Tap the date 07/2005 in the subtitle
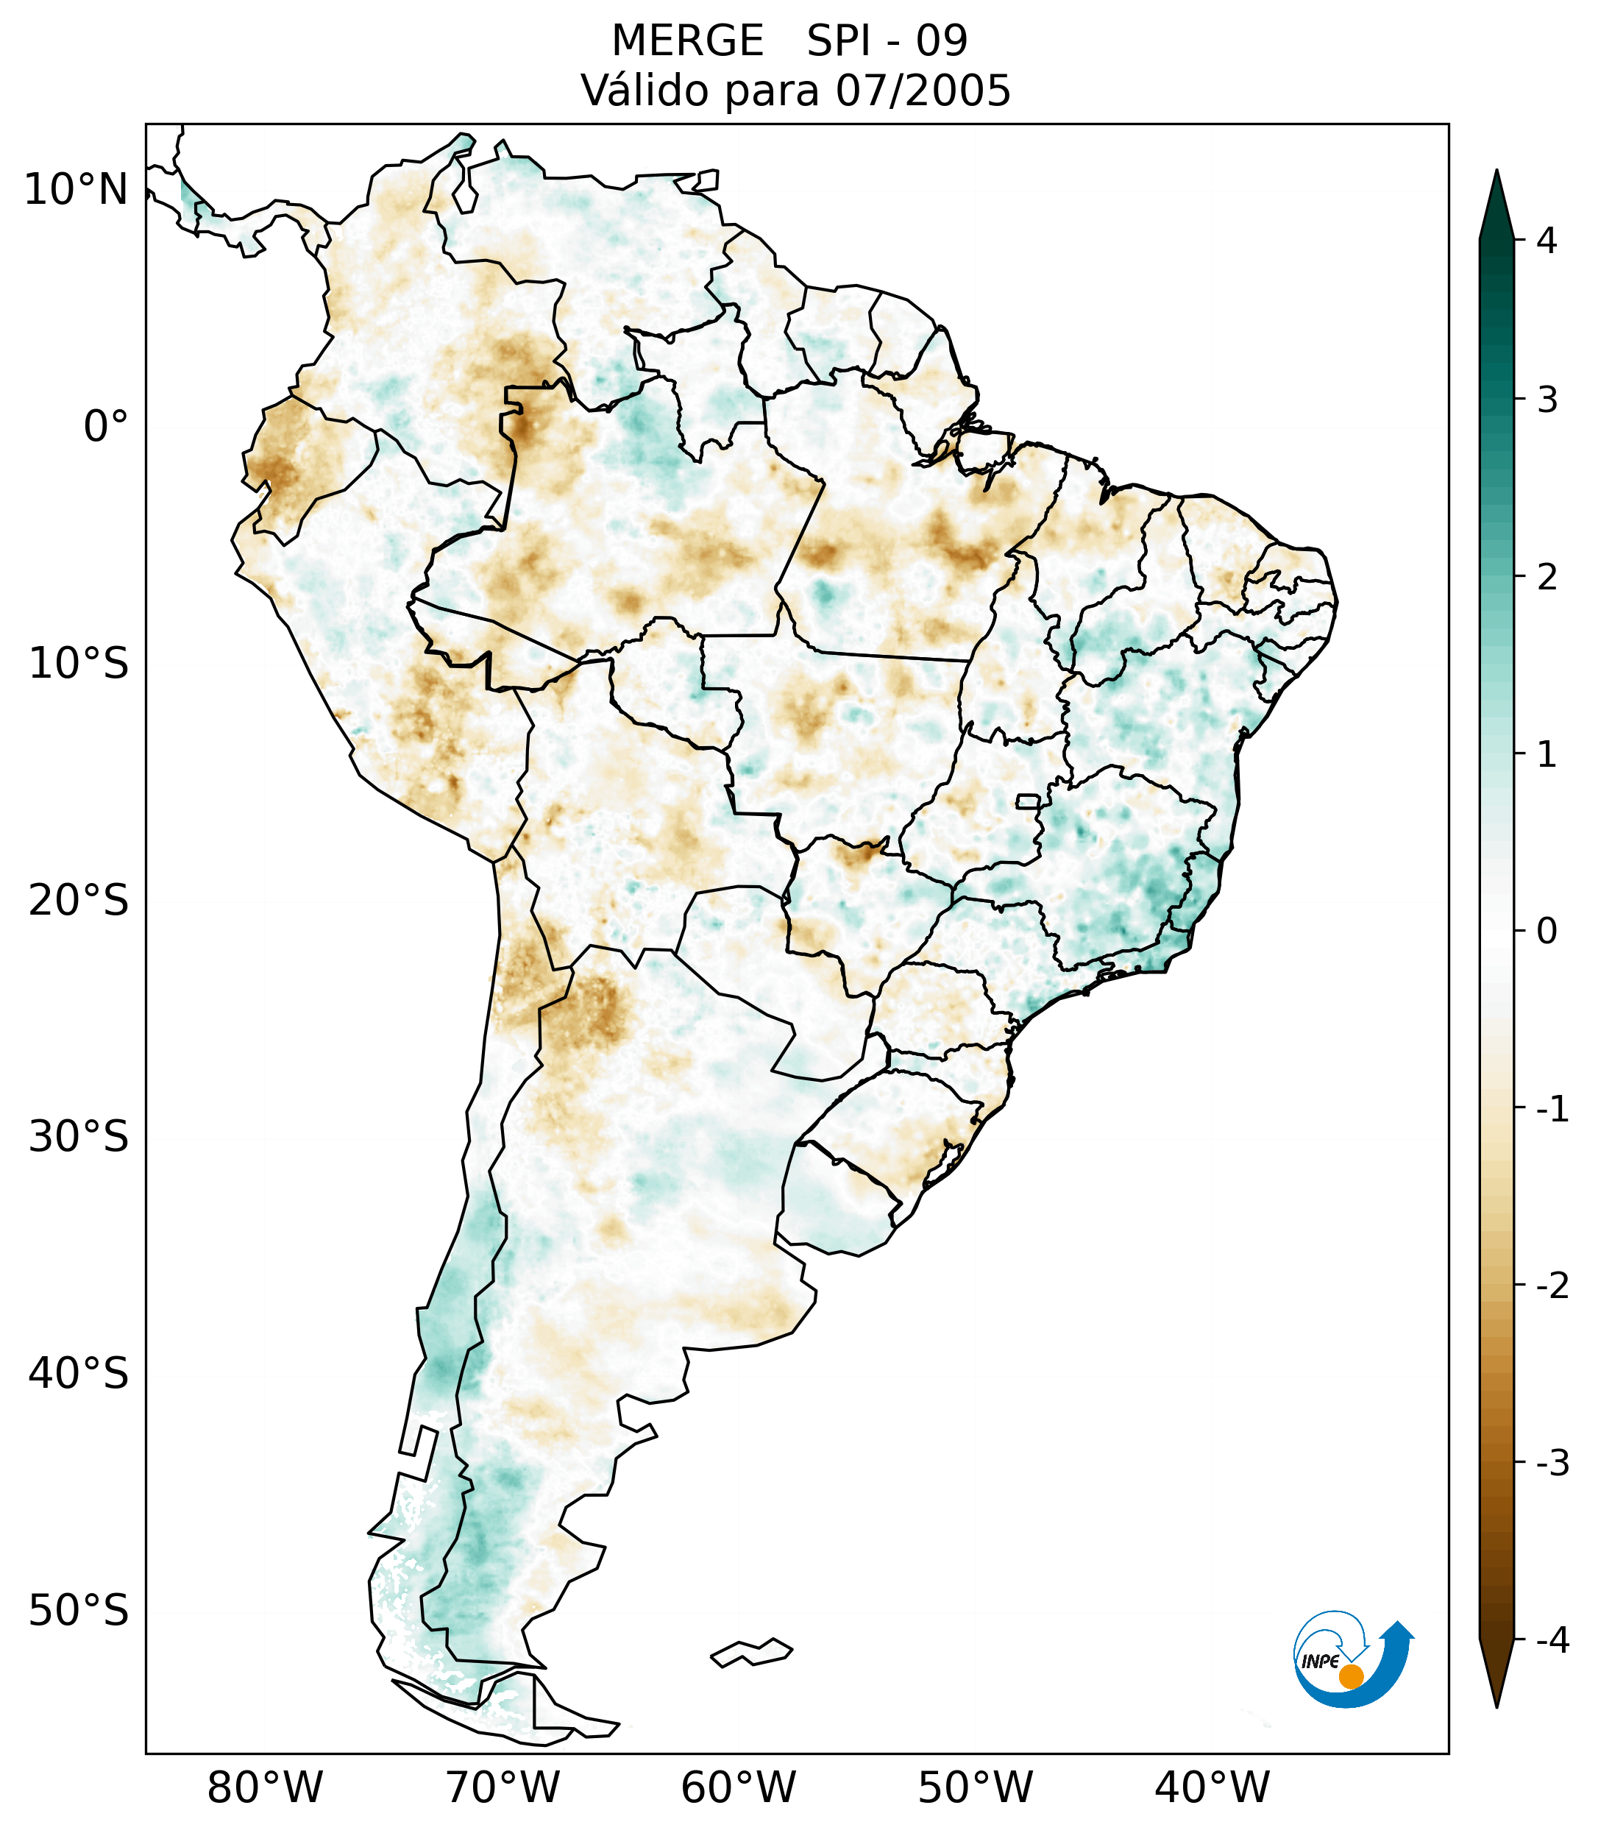pos(923,91)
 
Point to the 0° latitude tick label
pos(106,427)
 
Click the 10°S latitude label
pos(79,664)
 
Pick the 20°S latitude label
pos(79,901)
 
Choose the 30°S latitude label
pos(79,1137)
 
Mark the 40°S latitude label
pos(79,1374)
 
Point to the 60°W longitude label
pos(739,1787)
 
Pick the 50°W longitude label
pos(976,1787)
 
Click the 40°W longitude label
pos(1212,1787)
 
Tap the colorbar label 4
pos(1547,241)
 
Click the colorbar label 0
pos(1547,932)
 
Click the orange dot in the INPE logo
pos(1351,1676)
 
